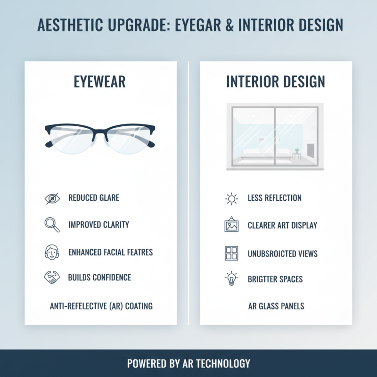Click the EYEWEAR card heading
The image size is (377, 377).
point(100,82)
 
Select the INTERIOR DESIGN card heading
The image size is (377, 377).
point(276,82)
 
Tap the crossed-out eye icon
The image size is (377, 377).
point(52,198)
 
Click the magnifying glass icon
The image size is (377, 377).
point(52,225)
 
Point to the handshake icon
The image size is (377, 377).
point(51,277)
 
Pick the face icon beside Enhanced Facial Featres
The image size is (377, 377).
point(51,252)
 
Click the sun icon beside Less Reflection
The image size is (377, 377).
point(231,198)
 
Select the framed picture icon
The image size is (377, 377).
point(231,225)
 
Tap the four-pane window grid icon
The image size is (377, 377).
point(231,254)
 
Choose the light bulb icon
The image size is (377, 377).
point(231,279)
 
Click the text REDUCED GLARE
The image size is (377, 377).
point(94,198)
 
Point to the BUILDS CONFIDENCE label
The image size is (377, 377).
point(99,277)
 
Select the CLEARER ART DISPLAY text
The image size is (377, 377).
point(282,225)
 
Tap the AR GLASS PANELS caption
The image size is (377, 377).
point(276,306)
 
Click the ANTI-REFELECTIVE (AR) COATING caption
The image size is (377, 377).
point(101,306)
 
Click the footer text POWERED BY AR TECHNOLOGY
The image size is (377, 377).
point(188,363)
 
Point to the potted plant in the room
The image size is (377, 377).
point(297,151)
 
